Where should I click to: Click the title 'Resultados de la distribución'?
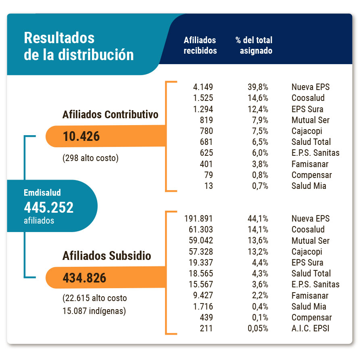(79, 46)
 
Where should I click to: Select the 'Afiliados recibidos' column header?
(200, 46)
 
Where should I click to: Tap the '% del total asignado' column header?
(254, 46)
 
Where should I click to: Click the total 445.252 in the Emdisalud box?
(49, 207)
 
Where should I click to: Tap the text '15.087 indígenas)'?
(94, 311)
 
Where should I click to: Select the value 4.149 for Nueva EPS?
(203, 87)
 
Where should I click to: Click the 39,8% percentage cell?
(258, 87)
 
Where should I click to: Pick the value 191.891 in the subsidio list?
(198, 219)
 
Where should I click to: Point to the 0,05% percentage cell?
(258, 329)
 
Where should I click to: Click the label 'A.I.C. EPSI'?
(310, 329)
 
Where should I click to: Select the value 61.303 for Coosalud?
(200, 230)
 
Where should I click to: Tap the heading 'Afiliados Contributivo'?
(111, 115)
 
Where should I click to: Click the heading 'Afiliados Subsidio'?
(107, 256)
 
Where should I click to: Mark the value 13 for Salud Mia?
(209, 186)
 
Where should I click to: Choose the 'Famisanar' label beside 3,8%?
(310, 164)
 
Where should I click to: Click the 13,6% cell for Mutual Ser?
(258, 241)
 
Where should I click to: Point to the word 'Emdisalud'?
(42, 193)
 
